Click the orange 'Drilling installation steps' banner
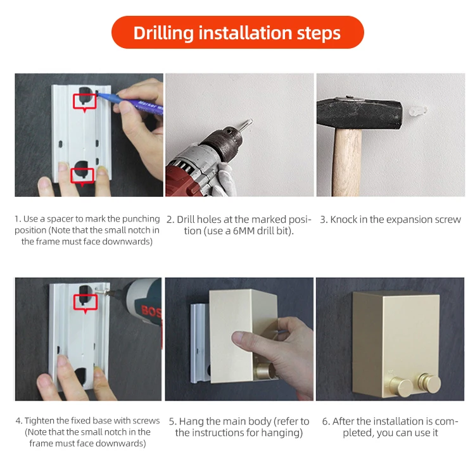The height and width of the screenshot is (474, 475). coord(237,32)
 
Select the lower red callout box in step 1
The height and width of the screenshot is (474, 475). coord(82,177)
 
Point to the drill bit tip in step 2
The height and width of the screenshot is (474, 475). coord(251,121)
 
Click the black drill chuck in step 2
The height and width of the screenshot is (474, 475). coord(224,140)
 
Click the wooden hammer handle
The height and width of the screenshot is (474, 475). coord(347,162)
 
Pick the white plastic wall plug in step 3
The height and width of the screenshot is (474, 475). coord(418,111)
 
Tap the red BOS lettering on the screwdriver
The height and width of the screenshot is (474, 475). coord(151,311)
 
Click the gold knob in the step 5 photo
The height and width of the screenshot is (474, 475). coord(263,370)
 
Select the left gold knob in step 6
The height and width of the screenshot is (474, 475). coord(400,386)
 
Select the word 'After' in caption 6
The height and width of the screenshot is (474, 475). coord(343,421)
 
